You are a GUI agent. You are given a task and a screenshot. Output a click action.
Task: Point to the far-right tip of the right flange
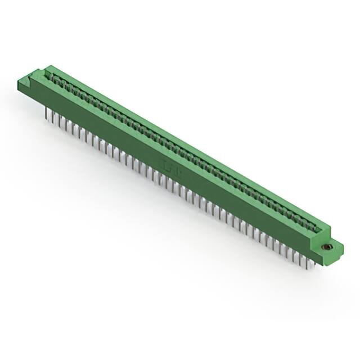point(343,246)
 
